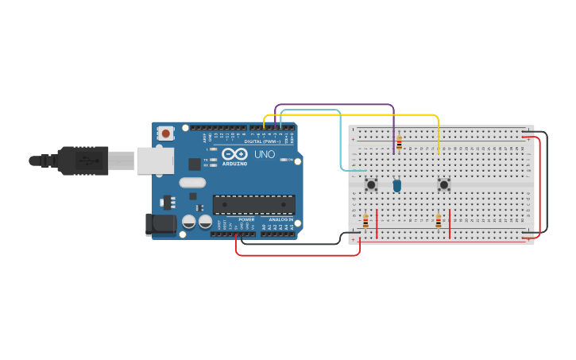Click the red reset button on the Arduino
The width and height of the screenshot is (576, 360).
pos(165,134)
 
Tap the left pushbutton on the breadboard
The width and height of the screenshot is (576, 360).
pos(371,184)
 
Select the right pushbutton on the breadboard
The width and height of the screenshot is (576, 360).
pos(444,184)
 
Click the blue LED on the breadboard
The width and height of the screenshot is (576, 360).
pos(396,185)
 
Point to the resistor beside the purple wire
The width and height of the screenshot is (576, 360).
pos(399,143)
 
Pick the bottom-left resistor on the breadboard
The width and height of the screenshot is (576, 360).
pos(365,221)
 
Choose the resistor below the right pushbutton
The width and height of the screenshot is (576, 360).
pos(438,221)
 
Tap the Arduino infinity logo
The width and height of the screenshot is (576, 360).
pos(234,153)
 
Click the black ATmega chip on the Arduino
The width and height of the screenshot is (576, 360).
pos(253,204)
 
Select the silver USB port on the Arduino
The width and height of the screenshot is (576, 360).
pos(155,161)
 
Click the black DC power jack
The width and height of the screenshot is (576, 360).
pos(160,224)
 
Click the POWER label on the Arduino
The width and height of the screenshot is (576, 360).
pos(246,219)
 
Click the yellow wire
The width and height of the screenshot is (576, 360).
pos(358,115)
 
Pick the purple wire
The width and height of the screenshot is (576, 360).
pos(334,104)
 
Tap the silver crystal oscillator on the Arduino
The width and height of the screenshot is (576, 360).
pos(192,183)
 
